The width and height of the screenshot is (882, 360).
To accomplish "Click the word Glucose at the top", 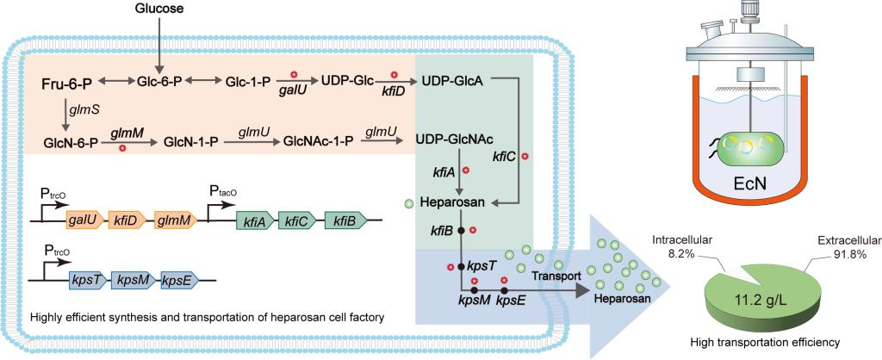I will (159, 8).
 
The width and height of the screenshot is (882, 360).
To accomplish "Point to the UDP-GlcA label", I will (451, 80).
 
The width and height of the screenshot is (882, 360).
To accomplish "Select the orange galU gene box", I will (84, 220).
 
